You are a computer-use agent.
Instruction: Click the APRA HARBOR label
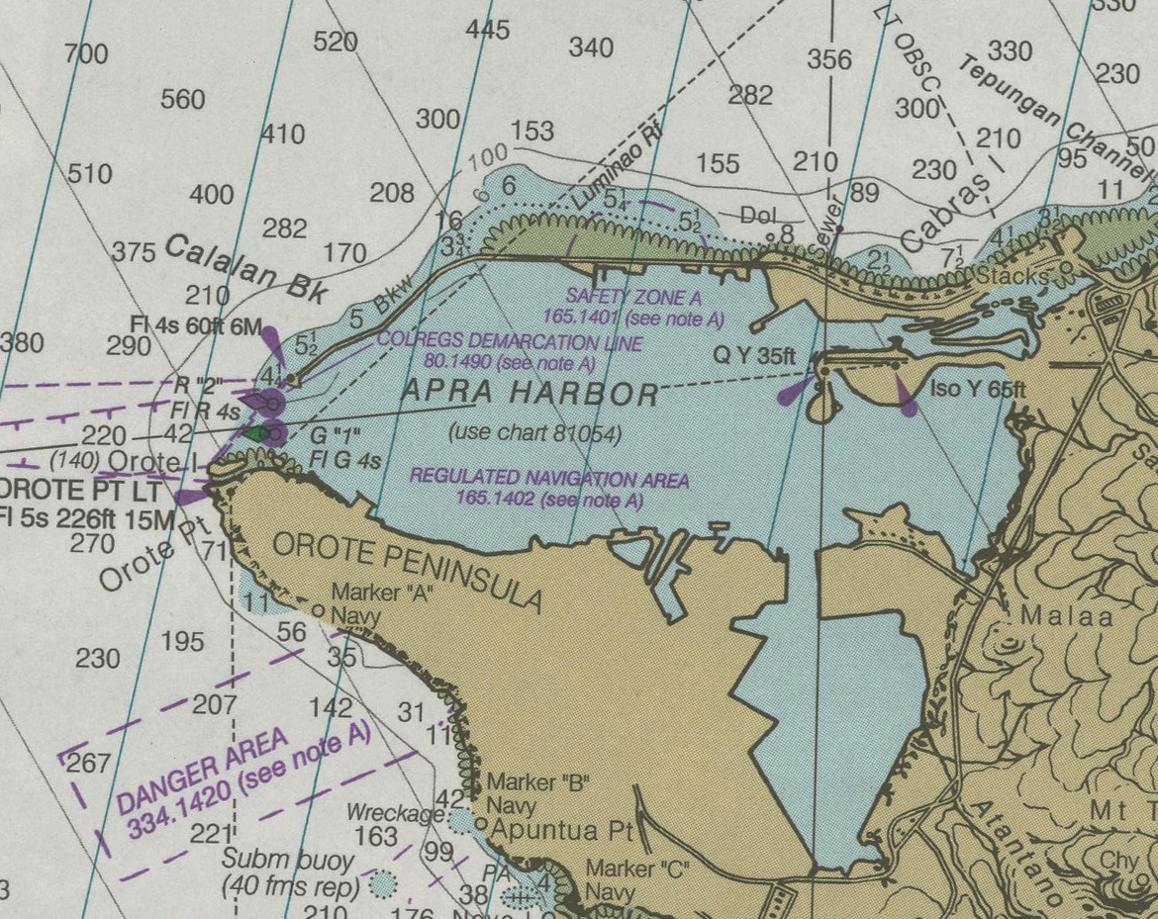tap(530, 395)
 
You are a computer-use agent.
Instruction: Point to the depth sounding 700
tap(86, 53)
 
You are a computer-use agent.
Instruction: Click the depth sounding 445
tap(487, 30)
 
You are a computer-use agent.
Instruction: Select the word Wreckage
tap(395, 813)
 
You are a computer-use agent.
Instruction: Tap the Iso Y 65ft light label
tap(978, 390)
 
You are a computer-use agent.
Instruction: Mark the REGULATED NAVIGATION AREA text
tap(549, 480)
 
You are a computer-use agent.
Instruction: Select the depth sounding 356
tap(828, 59)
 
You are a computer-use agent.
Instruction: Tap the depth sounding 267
tap(88, 764)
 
